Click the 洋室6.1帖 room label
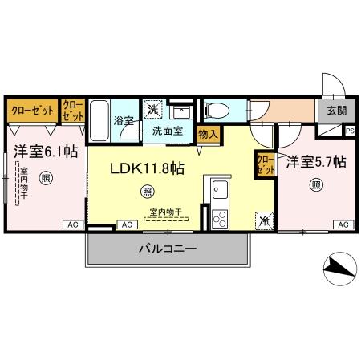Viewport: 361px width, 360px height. [x=44, y=149]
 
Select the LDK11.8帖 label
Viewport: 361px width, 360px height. [x=148, y=168]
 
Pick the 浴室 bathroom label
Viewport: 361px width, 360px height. [x=123, y=122]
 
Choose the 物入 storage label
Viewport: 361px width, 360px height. [x=207, y=134]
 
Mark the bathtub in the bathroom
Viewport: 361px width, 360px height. [x=99, y=120]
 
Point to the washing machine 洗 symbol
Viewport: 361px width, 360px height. [x=152, y=108]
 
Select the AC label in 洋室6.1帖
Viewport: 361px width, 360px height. [x=71, y=224]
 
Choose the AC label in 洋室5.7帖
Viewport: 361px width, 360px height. [x=343, y=224]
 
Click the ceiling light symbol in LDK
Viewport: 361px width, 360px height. [x=147, y=191]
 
